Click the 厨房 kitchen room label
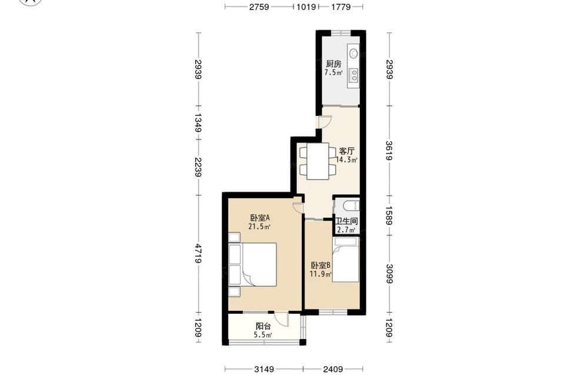tap(333, 64)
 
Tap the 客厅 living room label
tap(346, 151)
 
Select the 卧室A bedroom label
tap(260, 218)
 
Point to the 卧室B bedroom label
tap(320, 266)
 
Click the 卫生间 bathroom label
tap(346, 221)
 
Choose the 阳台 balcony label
tap(263, 327)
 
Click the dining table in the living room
tap(318, 161)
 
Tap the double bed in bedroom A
tap(258, 265)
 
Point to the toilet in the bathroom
tap(352, 205)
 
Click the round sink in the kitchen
tap(353, 54)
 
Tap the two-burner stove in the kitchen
tap(353, 75)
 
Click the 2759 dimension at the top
tap(259, 6)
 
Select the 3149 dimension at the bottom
tap(264, 369)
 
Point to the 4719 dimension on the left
tap(198, 254)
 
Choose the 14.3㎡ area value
tap(346, 160)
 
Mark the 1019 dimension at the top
tap(306, 6)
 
